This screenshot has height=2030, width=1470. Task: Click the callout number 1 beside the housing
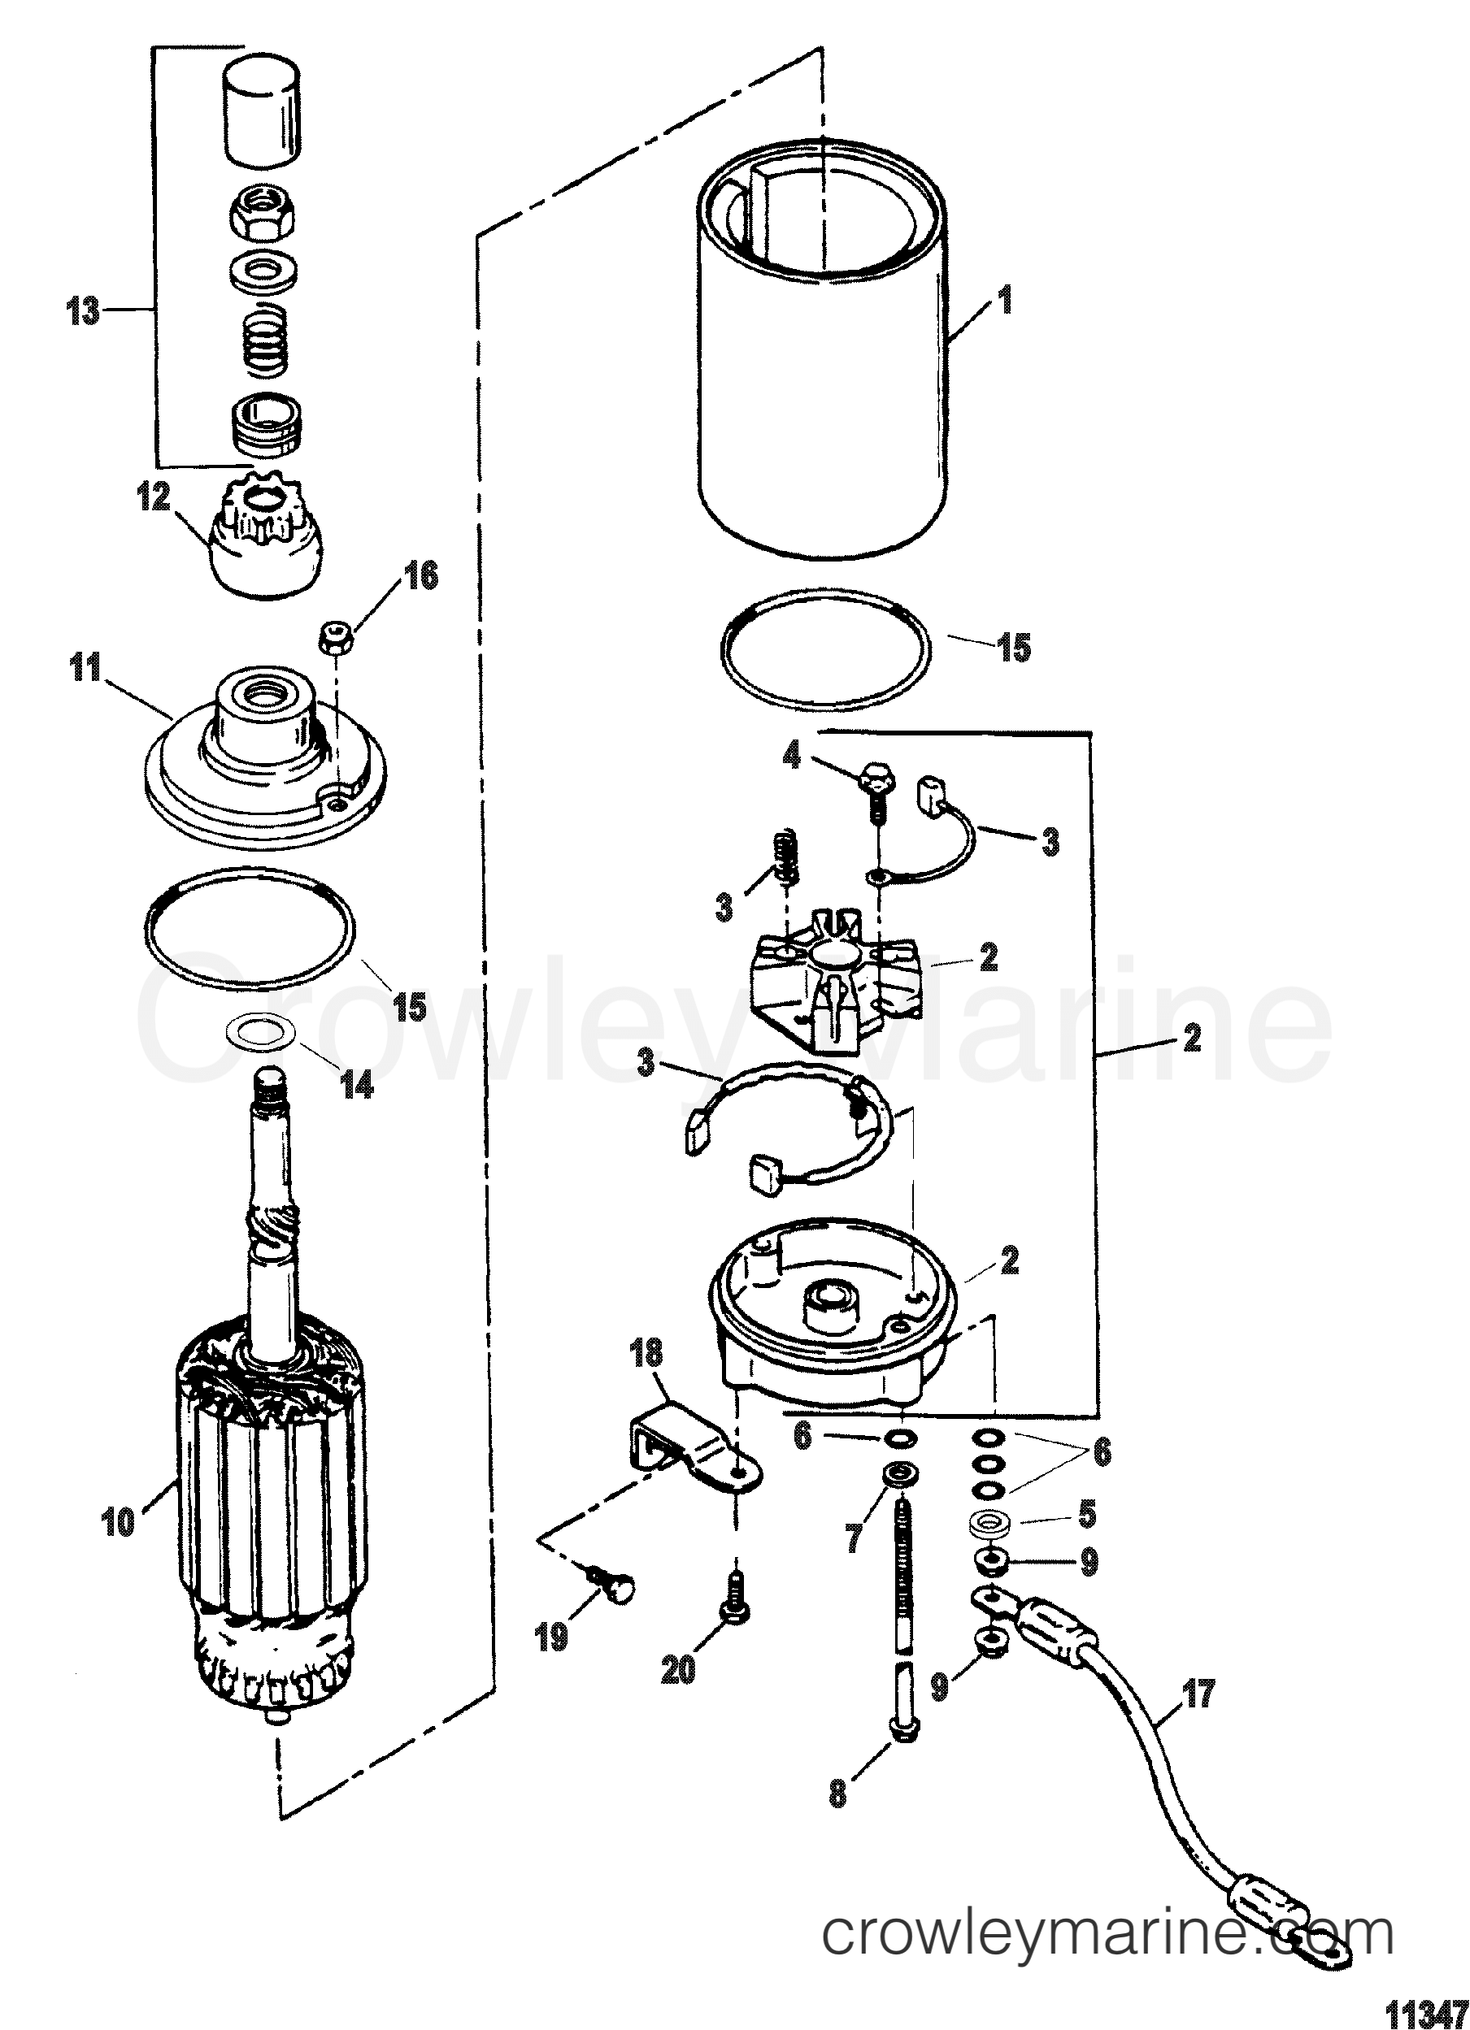point(1006,299)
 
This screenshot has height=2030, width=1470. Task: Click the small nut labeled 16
point(335,637)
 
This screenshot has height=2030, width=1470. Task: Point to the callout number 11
point(86,668)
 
